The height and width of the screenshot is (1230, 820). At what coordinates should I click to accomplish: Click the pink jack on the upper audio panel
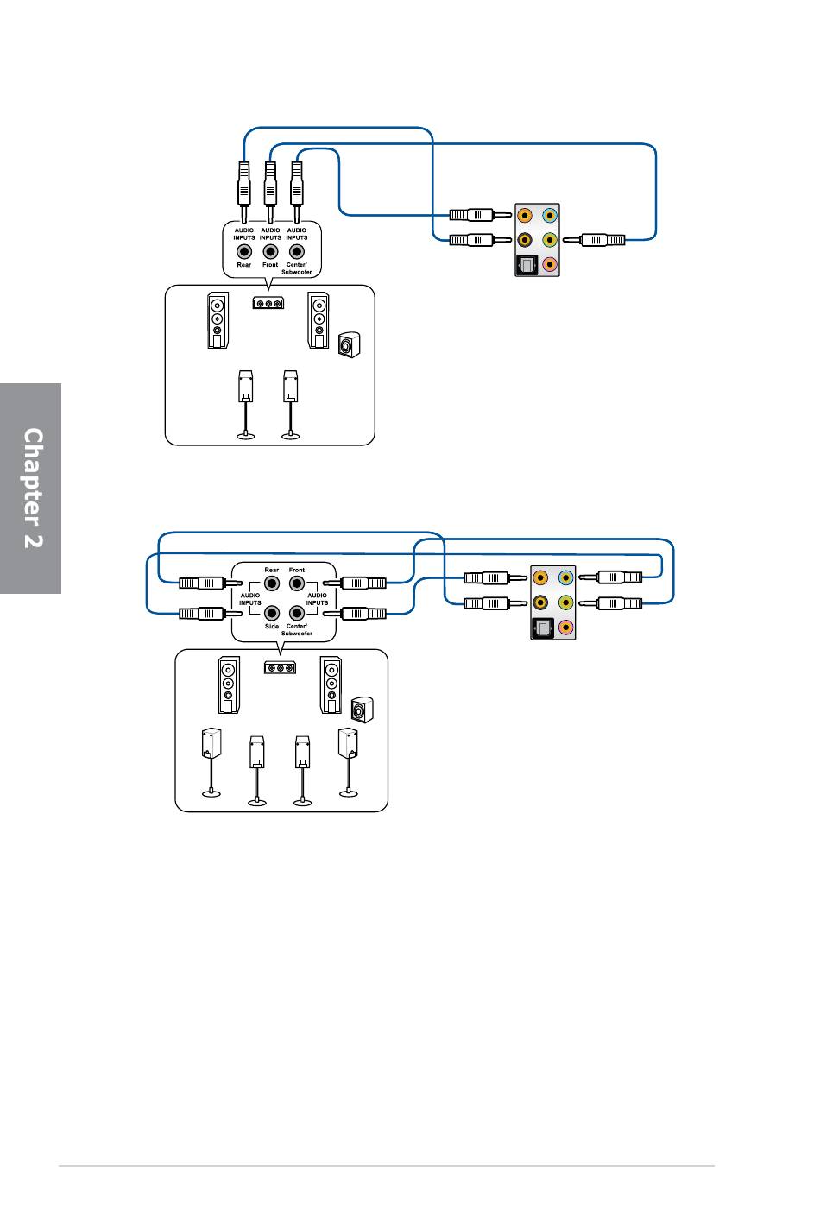[x=550, y=265]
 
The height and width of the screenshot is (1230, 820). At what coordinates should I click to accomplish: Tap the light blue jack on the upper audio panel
[x=550, y=215]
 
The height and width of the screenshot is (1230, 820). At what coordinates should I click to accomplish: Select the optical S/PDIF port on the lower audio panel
[x=542, y=628]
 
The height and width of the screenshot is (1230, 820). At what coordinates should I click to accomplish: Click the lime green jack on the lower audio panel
[x=565, y=602]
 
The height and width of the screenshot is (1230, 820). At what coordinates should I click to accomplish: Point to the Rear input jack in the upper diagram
[x=244, y=251]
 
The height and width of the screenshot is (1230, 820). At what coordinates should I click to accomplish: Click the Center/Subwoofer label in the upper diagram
[x=297, y=268]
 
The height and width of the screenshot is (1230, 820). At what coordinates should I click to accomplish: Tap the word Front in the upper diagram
[x=270, y=265]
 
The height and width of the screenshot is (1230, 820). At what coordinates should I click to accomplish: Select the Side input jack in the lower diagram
[x=272, y=612]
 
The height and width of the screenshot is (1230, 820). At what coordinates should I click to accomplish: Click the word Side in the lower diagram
[x=272, y=626]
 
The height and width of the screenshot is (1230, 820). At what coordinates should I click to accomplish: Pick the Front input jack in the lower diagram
[x=297, y=583]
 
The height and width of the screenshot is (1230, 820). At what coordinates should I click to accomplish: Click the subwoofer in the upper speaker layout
[x=350, y=345]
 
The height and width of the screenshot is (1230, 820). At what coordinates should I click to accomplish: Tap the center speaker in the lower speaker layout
[x=281, y=668]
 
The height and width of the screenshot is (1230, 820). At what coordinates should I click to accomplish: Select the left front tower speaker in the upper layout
[x=218, y=320]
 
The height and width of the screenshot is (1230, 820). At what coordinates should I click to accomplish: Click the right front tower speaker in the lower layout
[x=331, y=684]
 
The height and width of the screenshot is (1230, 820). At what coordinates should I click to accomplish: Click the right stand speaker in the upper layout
[x=291, y=405]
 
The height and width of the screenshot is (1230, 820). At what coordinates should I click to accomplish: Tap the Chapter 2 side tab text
[x=33, y=488]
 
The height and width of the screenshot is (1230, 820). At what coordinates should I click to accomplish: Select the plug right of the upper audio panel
[x=594, y=240]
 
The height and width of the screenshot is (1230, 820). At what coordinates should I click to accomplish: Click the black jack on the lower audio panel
[x=540, y=602]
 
